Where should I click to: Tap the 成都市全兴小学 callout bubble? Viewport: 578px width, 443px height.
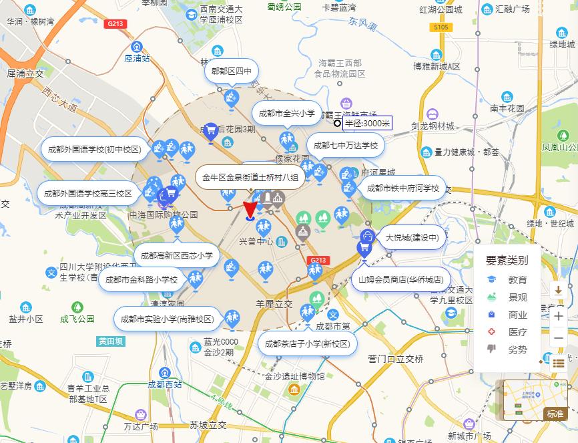(x=288, y=114)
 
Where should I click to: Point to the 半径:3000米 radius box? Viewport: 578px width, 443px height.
(x=367, y=123)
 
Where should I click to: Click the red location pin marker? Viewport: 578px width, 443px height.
(x=250, y=210)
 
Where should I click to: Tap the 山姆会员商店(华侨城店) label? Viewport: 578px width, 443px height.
(x=401, y=279)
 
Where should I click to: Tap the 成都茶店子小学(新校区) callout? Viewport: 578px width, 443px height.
(x=307, y=343)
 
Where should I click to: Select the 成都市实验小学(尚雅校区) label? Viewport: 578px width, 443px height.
(x=167, y=319)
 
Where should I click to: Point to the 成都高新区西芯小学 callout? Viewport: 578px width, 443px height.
(x=178, y=255)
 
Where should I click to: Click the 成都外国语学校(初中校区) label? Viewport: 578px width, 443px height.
(x=94, y=149)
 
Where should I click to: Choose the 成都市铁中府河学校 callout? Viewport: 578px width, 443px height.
(x=403, y=188)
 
